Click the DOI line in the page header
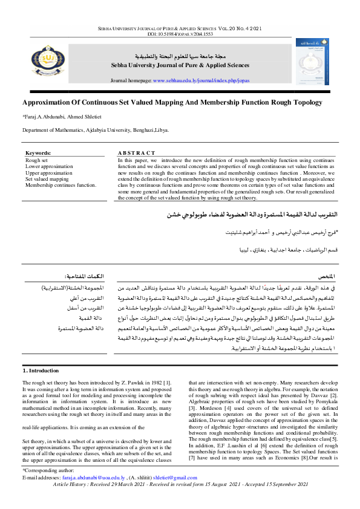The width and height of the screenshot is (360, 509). pos(180,34)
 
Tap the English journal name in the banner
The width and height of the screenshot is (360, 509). pos(180,65)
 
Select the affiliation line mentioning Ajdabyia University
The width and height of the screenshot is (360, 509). pos(96,129)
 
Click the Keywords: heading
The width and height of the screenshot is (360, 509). pos(39,154)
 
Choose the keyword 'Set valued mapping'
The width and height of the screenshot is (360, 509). pos(47,179)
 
